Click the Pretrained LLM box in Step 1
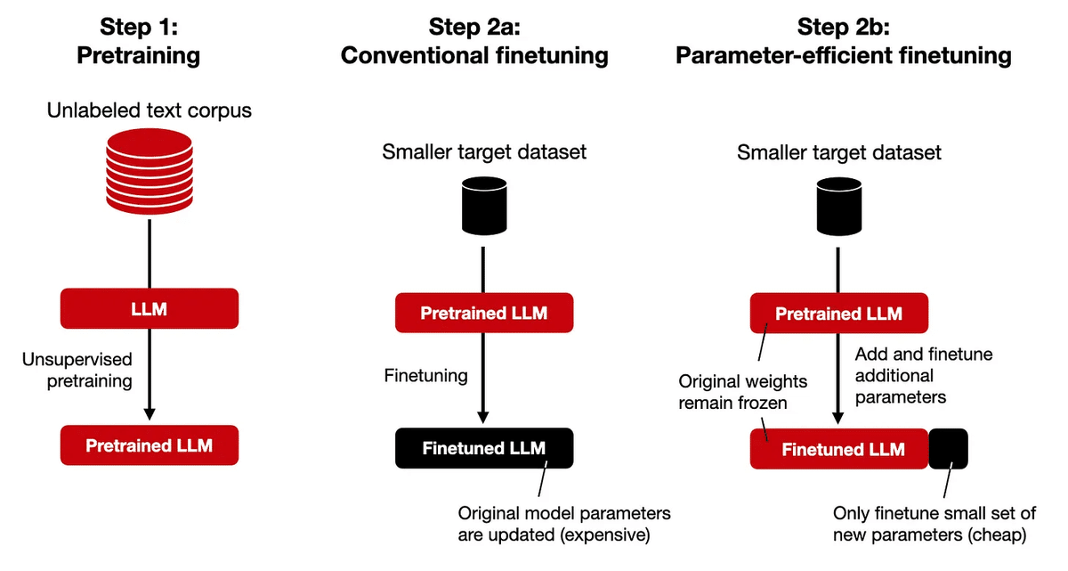click(x=149, y=445)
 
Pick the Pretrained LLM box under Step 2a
click(x=483, y=314)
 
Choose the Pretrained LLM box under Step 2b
click(x=838, y=314)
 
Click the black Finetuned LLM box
click(x=483, y=448)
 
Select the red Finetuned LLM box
click(x=838, y=448)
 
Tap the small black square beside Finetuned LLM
click(x=948, y=448)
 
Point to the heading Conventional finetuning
click(x=474, y=56)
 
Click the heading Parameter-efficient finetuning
click(x=843, y=56)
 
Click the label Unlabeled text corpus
click(x=149, y=111)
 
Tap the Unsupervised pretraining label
click(x=77, y=371)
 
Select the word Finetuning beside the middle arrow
click(x=425, y=375)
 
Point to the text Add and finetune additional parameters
click(x=922, y=375)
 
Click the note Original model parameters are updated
click(x=563, y=524)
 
